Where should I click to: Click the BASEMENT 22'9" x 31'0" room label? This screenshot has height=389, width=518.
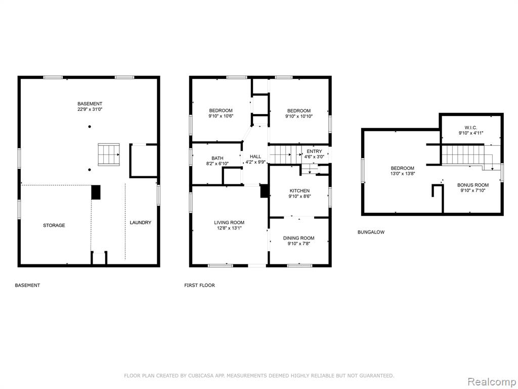(x=90, y=106)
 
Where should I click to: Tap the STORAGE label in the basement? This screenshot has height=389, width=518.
(x=54, y=225)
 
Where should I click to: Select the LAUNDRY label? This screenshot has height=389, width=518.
(x=141, y=223)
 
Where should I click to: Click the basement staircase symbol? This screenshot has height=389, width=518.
(x=109, y=154)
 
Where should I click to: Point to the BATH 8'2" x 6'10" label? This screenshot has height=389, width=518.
(x=218, y=161)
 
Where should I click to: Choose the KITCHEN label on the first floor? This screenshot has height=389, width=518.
(x=299, y=193)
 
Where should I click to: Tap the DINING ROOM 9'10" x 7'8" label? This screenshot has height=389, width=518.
(x=298, y=241)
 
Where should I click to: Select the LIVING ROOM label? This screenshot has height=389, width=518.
(x=229, y=225)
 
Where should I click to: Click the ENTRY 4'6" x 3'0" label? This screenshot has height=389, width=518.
(x=314, y=154)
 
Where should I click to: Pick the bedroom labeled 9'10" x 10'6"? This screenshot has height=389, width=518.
(x=221, y=113)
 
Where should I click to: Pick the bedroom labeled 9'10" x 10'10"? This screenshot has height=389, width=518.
(x=299, y=113)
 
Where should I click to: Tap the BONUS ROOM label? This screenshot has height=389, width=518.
(x=473, y=187)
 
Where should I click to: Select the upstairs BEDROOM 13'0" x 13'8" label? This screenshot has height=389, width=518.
(x=402, y=171)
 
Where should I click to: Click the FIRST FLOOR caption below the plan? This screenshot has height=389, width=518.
(x=199, y=285)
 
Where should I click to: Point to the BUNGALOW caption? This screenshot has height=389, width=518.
(x=371, y=232)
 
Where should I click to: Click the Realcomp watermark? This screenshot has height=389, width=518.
(x=492, y=381)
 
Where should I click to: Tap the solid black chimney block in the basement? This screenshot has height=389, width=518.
(x=96, y=192)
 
